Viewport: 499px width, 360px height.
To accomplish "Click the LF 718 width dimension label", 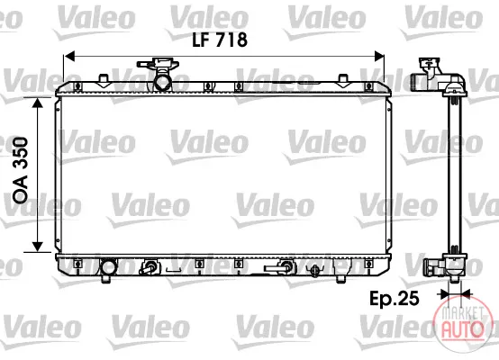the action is click(x=220, y=40).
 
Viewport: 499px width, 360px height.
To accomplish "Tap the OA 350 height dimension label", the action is click(x=21, y=170).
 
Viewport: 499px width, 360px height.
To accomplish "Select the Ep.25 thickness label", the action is click(x=395, y=299).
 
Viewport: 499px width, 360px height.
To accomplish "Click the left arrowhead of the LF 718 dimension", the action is click(x=69, y=57).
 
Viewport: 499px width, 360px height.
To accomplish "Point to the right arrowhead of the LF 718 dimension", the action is click(x=379, y=57).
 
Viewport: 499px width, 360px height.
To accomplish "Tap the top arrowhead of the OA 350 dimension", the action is click(x=38, y=103).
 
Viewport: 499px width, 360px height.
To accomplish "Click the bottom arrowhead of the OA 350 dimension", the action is click(x=38, y=247).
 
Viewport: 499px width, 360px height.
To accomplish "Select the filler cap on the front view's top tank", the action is click(x=159, y=63).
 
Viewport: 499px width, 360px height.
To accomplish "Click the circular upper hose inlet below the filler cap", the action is click(x=163, y=82).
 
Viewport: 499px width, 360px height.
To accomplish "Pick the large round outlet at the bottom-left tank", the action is click(x=108, y=266).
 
